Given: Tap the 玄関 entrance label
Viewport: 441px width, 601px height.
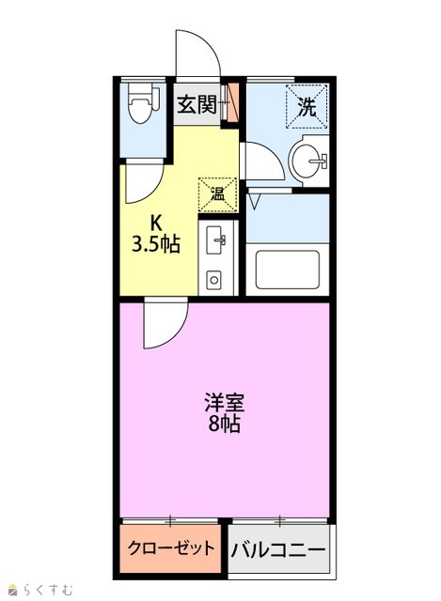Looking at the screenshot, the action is coord(197,104).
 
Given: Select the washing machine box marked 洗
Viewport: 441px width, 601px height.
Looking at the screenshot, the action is coord(307,106).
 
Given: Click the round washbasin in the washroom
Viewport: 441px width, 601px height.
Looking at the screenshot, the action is coord(308,161).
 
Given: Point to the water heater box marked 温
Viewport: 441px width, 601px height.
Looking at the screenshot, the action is coord(217,194).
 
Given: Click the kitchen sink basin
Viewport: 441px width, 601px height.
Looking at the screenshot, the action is coord(215,240).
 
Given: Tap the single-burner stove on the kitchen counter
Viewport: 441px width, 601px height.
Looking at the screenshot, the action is coord(213,280).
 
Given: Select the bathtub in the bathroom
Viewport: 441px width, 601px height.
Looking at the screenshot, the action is coord(287,270).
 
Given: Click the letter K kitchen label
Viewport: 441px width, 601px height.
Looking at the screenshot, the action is coord(155,222).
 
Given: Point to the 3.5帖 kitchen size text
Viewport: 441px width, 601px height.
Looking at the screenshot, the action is coord(156,244).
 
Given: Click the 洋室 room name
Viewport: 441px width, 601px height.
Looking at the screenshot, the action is coord(224,402).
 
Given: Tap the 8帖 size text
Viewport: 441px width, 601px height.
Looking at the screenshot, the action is coord(225,424).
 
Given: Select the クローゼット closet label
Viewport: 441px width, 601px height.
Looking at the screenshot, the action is coord(171,548).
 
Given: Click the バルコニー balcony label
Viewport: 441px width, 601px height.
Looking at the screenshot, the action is coord(278,550).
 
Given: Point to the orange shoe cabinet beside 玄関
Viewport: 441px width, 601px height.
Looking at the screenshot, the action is coord(232,102).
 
